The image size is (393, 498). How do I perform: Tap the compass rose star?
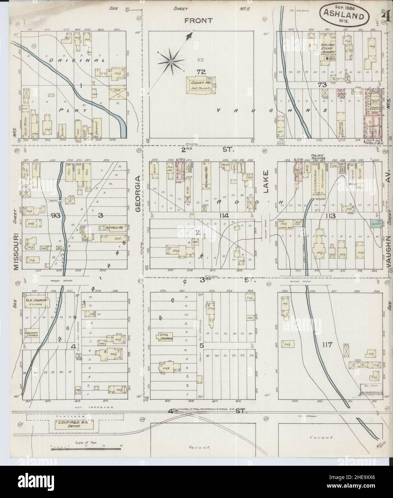click(x=171, y=62)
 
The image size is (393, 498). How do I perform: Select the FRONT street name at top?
click(x=198, y=21)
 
